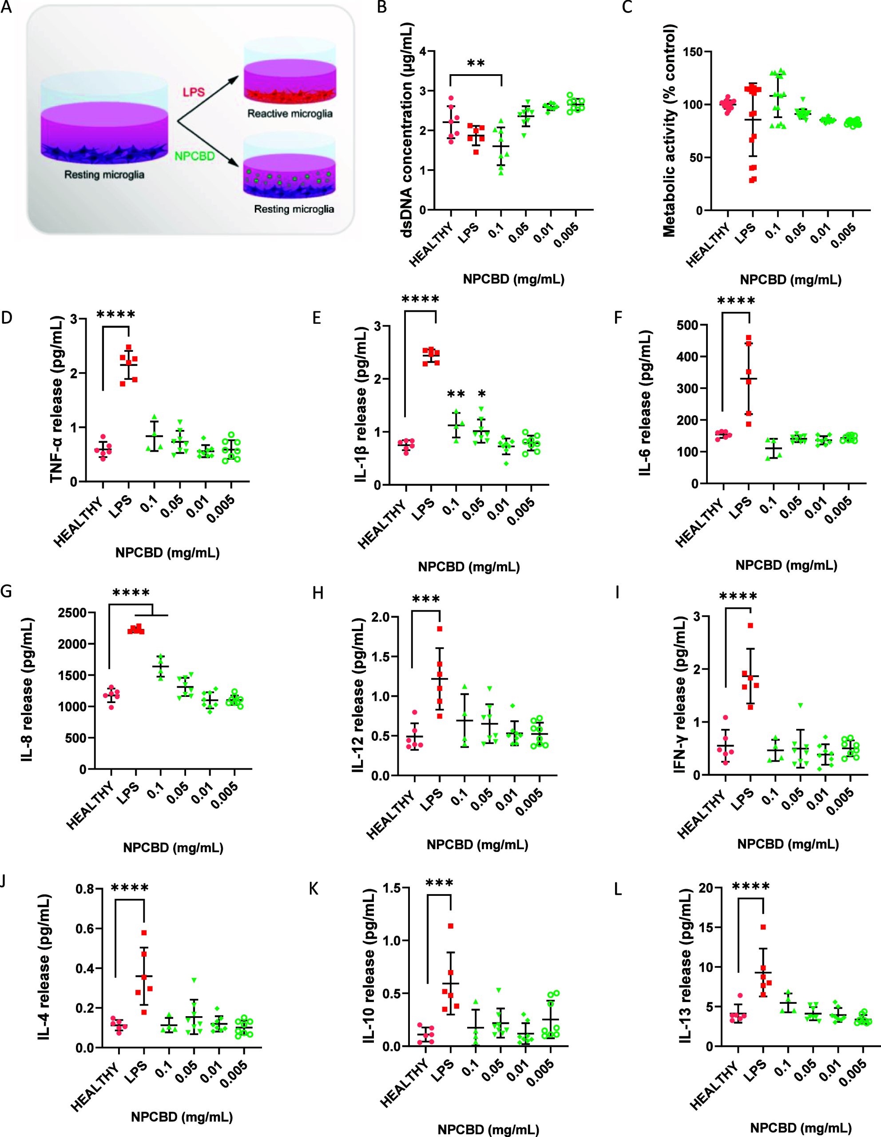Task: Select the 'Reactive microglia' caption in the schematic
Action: (290, 114)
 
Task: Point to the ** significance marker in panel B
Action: (476, 64)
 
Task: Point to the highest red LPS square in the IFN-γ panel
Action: (750, 626)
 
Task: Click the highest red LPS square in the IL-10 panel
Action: (451, 926)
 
